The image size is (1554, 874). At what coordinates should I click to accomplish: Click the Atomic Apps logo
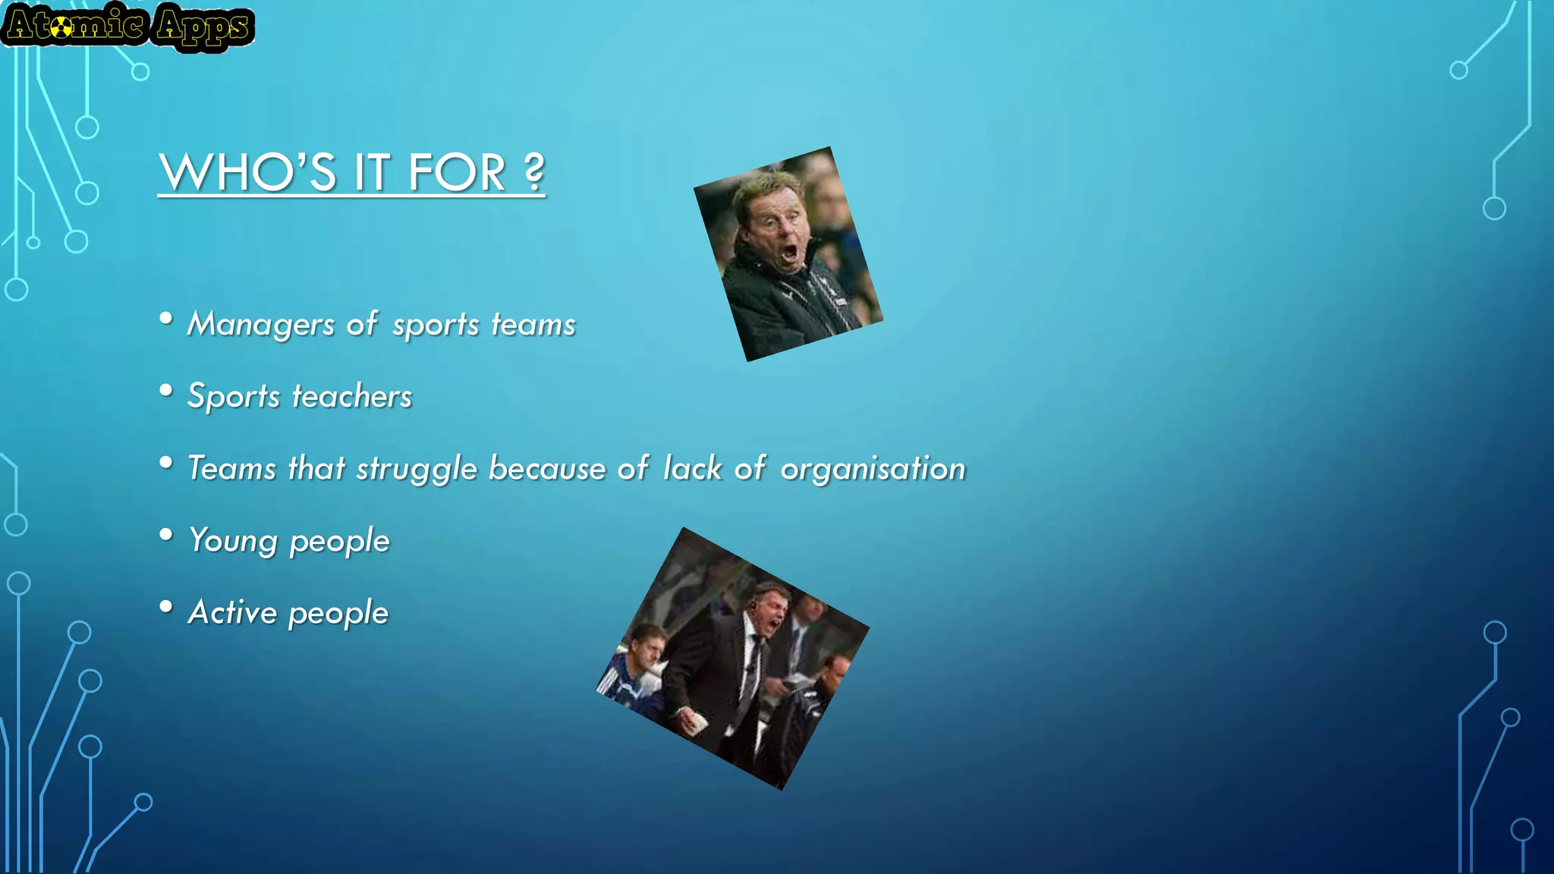127,27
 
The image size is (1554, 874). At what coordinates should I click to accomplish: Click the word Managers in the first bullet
260,324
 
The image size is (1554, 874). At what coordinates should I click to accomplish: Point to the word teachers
352,396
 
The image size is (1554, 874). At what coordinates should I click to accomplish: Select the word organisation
873,469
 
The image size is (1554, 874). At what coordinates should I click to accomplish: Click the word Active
232,612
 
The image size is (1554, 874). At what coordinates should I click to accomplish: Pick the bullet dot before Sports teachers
166,391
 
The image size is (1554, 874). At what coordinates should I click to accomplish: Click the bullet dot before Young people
166,535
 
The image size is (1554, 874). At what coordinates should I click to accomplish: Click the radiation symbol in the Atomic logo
63,28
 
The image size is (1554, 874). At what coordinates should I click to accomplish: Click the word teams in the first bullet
533,325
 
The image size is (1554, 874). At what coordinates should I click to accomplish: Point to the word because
547,469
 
